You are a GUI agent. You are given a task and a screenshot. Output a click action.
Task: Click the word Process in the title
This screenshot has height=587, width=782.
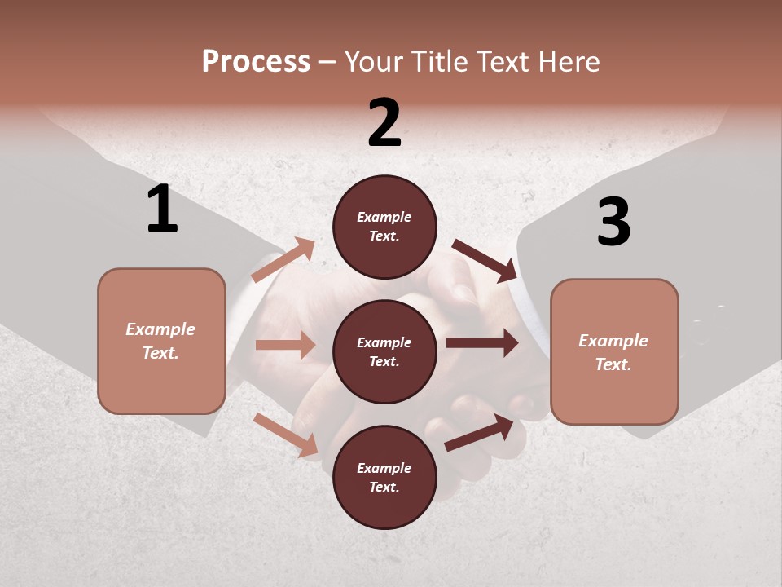pyautogui.click(x=256, y=62)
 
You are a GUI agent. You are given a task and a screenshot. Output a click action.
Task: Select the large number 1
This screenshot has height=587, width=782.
pyautogui.click(x=162, y=210)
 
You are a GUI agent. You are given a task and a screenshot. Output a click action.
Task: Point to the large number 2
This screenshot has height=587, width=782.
pyautogui.click(x=384, y=123)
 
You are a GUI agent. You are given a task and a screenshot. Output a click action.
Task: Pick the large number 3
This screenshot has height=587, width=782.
pyautogui.click(x=613, y=222)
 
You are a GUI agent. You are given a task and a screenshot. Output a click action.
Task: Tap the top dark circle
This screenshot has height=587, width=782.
pyautogui.click(x=384, y=227)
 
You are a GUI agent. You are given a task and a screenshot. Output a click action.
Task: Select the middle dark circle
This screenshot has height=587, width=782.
pyautogui.click(x=384, y=351)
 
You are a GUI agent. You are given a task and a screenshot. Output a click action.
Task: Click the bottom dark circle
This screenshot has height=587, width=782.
pyautogui.click(x=384, y=477)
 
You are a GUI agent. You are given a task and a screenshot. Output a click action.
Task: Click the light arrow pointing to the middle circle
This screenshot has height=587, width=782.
pyautogui.click(x=285, y=345)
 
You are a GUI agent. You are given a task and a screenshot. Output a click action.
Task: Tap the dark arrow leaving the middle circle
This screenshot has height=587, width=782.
pyautogui.click(x=482, y=343)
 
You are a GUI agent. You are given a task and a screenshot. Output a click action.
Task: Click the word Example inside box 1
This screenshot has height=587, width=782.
pyautogui.click(x=160, y=329)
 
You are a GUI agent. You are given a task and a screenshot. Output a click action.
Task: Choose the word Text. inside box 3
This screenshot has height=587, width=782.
pyautogui.click(x=613, y=364)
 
